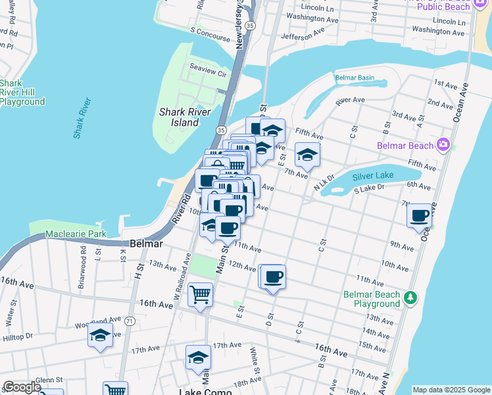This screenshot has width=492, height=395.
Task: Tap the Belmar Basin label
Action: tap(355, 78)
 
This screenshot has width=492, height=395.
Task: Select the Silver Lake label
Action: tap(372, 176)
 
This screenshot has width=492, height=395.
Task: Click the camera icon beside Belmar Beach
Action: tap(443, 145)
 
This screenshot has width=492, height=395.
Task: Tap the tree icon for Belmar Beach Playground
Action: tap(411, 299)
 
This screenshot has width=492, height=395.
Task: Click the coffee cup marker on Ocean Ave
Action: tap(420, 216)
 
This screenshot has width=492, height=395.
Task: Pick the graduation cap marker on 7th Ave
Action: tap(307, 155)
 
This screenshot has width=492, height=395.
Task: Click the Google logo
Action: tap(21, 387)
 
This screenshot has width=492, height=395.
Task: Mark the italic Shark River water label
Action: tap(83, 118)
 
